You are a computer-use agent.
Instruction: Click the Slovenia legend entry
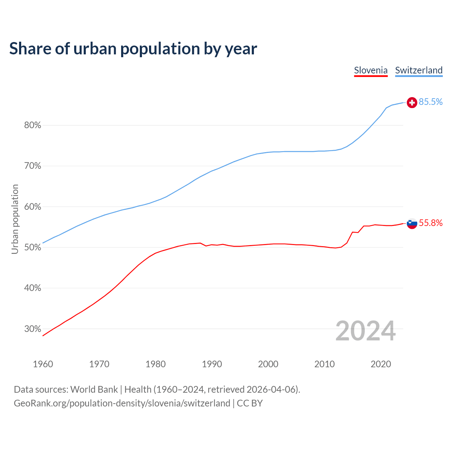371,70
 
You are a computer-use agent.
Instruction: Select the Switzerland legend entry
419,70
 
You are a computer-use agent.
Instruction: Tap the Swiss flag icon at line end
412,102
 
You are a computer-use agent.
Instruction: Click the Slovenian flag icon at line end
412,223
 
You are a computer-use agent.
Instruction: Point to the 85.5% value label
431,102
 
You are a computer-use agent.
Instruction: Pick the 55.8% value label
431,223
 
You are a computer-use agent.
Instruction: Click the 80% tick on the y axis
33,125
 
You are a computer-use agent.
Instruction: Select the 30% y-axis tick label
33,329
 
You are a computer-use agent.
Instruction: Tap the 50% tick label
33,248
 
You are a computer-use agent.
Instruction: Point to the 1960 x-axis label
43,364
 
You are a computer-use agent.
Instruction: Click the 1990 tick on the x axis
212,364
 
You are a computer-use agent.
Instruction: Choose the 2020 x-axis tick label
381,364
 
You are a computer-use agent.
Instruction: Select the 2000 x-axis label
268,364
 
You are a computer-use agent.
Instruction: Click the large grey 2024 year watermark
365,331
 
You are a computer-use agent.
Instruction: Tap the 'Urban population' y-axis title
15,219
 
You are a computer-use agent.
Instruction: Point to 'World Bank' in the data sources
94,389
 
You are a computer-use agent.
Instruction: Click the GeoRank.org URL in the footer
122,403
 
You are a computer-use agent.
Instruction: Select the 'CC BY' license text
250,403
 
